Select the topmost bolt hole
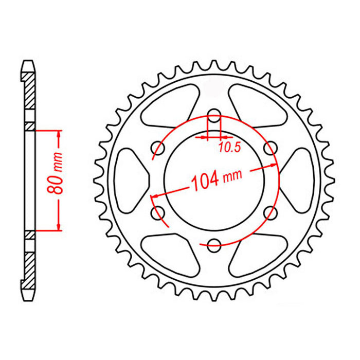[213, 117]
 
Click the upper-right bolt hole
[268, 148]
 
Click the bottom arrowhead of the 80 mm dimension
[59, 227]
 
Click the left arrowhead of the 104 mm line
[153, 196]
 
